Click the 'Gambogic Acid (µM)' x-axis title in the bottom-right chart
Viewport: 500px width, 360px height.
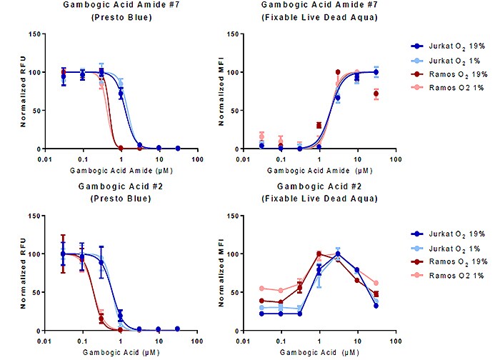[318, 353]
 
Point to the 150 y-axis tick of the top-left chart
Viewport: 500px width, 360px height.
[37, 34]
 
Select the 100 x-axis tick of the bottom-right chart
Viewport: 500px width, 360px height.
[394, 340]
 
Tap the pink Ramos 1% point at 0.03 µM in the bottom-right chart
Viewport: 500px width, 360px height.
[261, 289]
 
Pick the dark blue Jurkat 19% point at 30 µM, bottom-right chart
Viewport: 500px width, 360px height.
[376, 306]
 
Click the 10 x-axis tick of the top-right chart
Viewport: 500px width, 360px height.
[357, 158]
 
